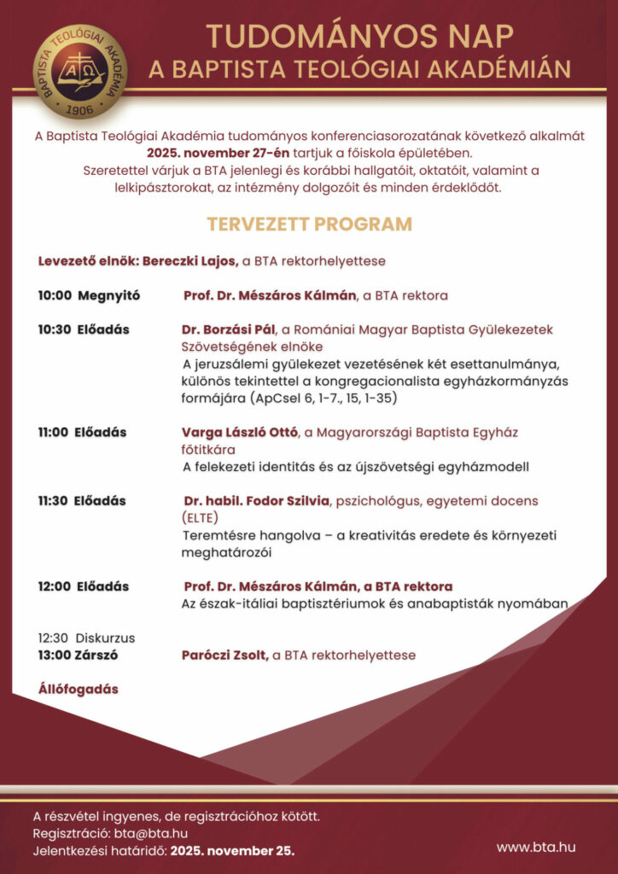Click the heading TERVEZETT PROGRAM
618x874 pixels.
[x=309, y=224]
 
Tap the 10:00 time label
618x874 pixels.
[x=53, y=296]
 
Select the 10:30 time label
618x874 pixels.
[x=53, y=329]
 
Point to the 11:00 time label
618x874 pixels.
[x=53, y=433]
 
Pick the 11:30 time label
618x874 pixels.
[x=53, y=501]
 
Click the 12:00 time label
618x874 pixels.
[x=53, y=587]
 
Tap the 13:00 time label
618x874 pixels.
[x=53, y=655]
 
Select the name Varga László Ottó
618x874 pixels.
[x=238, y=433]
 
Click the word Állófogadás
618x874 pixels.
[x=78, y=689]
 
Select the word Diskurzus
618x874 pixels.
[x=105, y=638]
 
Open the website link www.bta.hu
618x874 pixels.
[x=536, y=846]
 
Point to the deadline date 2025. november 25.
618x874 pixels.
[x=232, y=851]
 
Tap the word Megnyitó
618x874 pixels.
[x=108, y=296]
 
